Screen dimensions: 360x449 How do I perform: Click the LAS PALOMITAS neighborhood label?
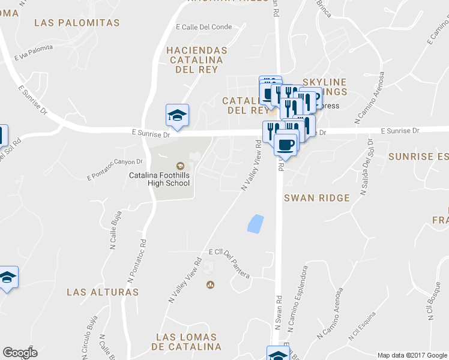click(x=77, y=23)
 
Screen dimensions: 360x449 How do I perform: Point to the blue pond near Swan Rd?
click(x=256, y=223)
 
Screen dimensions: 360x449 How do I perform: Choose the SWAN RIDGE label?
click(x=317, y=198)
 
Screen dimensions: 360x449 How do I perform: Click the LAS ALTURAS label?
click(x=103, y=292)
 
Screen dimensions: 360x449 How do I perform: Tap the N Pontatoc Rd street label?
click(x=137, y=261)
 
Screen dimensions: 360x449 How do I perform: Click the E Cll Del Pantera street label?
click(x=229, y=257)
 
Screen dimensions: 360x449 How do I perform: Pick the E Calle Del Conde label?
click(x=204, y=27)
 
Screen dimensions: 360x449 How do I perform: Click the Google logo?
click(x=20, y=353)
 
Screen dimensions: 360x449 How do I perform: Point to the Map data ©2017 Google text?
click(x=412, y=355)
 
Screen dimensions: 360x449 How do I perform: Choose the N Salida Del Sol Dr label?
click(x=366, y=167)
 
